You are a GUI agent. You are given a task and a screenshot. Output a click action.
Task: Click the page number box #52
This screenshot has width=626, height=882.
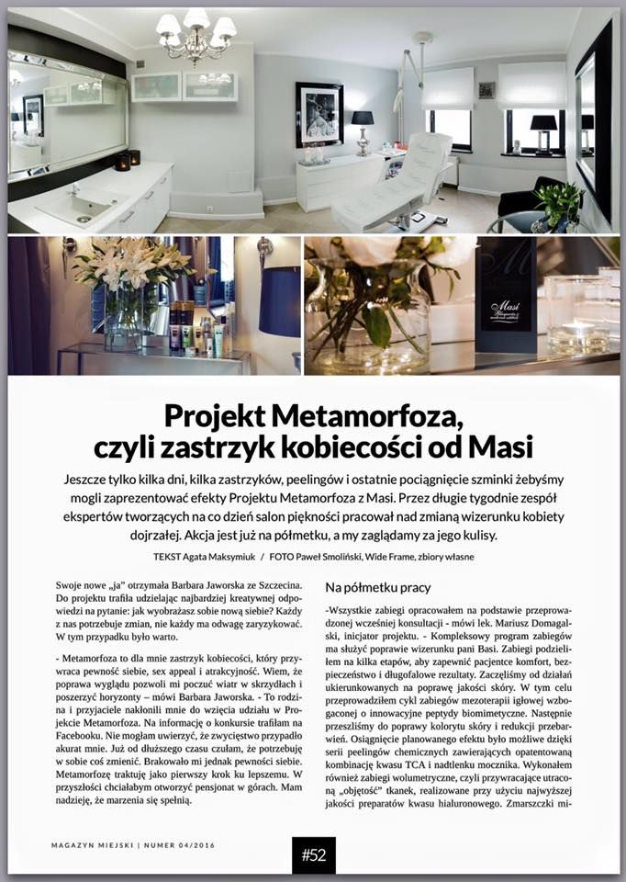click(x=314, y=855)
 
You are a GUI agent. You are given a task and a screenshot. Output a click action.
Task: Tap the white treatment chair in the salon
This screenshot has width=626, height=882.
click(x=396, y=185)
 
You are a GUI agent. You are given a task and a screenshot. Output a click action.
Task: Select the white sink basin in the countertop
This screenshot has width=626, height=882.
click(x=78, y=206)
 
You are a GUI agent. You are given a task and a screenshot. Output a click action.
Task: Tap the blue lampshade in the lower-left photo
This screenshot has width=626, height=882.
click(x=280, y=302)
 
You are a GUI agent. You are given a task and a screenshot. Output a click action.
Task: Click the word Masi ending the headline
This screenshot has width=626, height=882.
click(x=502, y=447)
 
